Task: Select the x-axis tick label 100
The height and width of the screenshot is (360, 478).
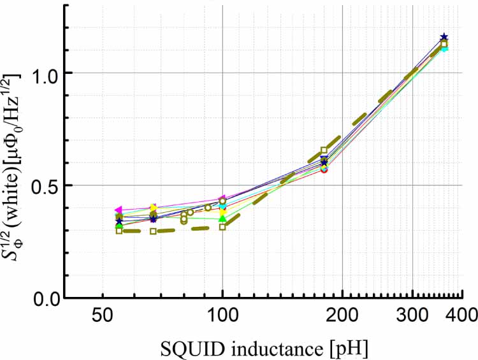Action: tap(222, 317)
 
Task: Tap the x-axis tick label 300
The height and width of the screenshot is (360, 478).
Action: tap(412, 317)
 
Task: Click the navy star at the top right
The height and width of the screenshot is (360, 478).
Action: tap(444, 38)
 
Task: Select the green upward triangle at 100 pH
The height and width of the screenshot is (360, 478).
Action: tap(222, 219)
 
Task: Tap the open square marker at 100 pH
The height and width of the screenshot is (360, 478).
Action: tap(222, 227)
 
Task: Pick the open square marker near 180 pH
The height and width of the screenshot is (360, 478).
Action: tap(324, 150)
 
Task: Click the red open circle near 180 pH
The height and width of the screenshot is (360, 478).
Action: tap(324, 169)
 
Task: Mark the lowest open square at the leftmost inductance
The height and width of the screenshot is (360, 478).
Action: tap(119, 231)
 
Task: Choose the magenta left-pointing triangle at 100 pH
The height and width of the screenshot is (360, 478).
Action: tap(222, 199)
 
